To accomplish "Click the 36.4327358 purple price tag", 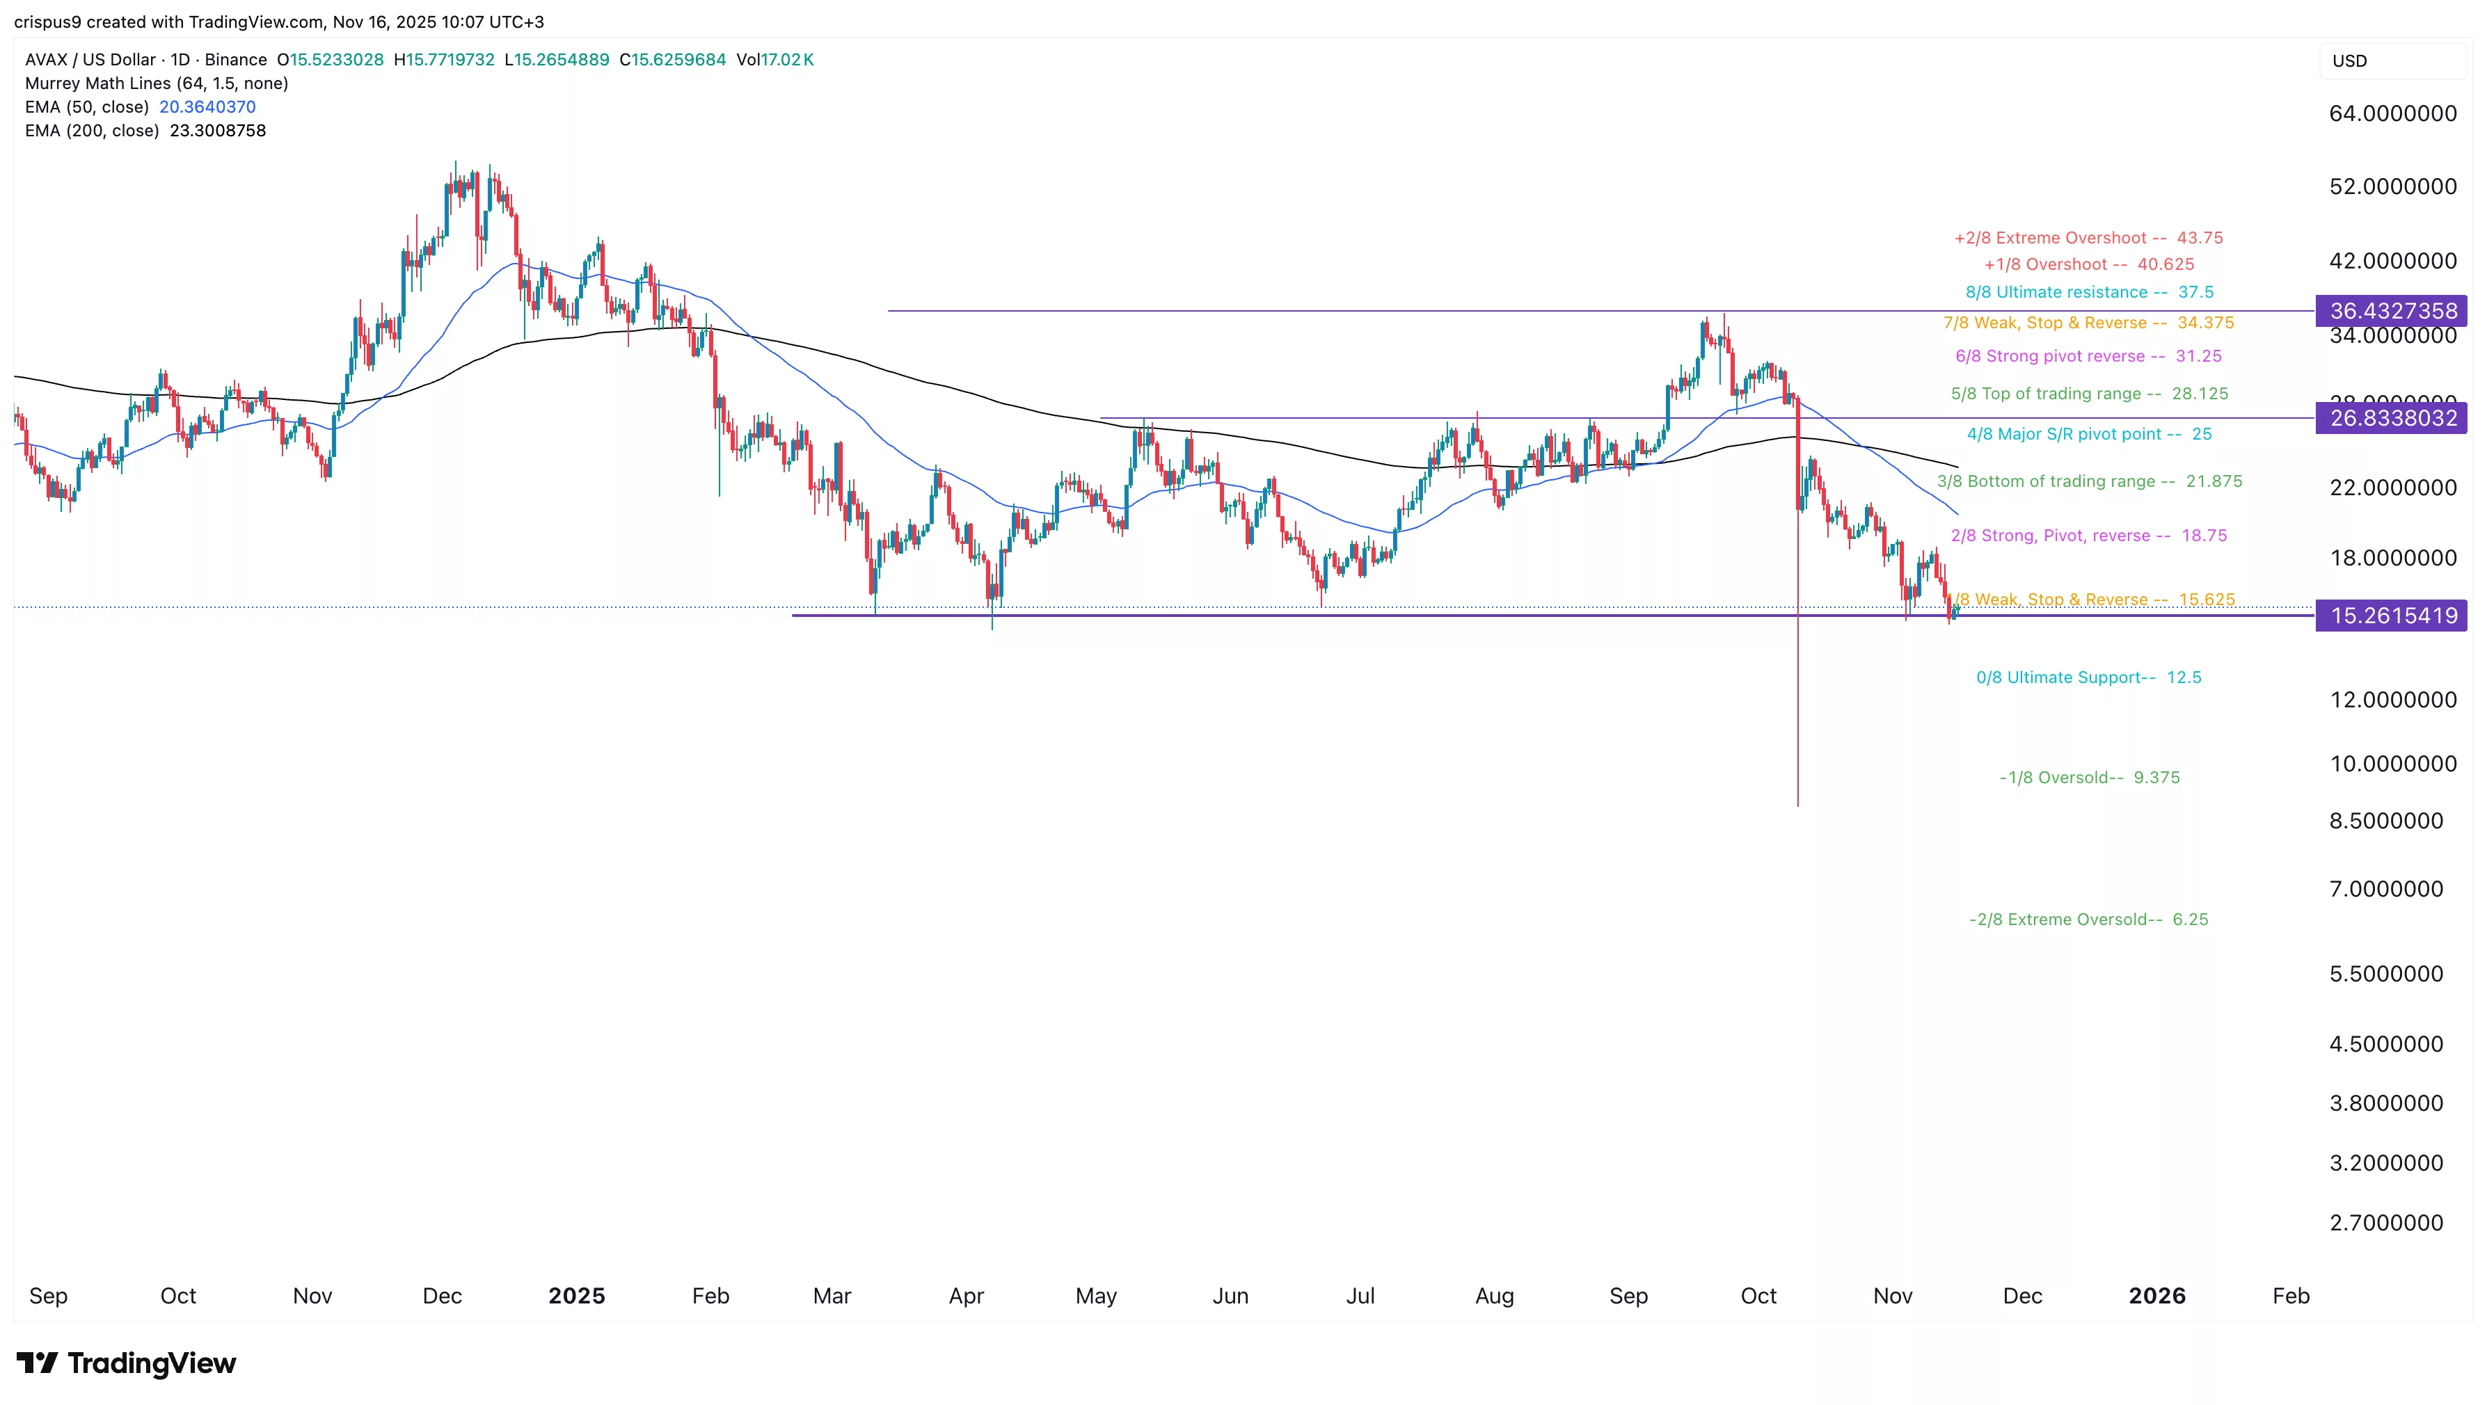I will pos(2392,311).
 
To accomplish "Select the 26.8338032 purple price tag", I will pos(2392,418).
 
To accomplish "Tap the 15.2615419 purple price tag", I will pos(2392,616).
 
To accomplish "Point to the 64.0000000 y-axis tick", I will pos(2392,114).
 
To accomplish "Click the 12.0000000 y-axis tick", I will pos(2392,700).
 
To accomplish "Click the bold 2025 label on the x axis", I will pos(576,1296).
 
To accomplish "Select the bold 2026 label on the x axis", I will pos(2157,1296).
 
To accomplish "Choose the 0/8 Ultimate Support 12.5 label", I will pos(2088,677).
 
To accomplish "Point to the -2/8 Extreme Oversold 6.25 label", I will pos(2088,920).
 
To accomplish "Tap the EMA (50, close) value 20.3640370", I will pos(207,107).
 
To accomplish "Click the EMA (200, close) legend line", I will pos(145,130).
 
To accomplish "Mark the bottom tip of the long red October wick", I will pos(1797,805).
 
